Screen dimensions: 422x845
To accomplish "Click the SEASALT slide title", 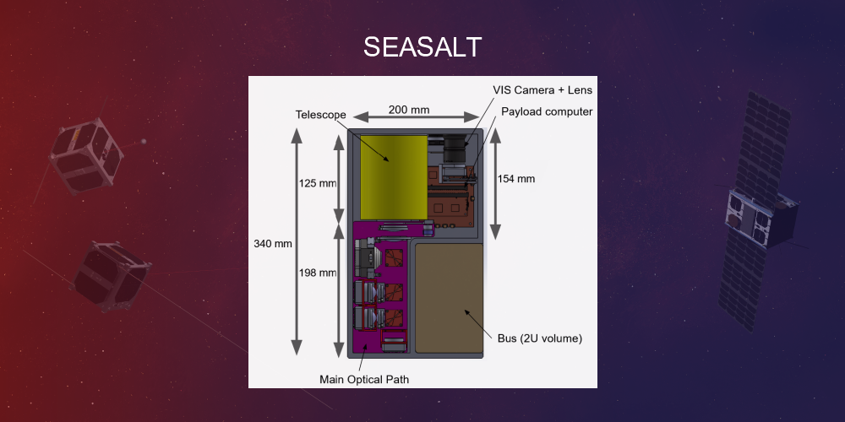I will click(422, 47).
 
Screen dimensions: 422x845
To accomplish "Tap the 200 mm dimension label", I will click(409, 110).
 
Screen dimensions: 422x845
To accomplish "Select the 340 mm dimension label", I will click(272, 244).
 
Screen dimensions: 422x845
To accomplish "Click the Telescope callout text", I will click(319, 114).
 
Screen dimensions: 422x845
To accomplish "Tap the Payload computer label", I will click(547, 111).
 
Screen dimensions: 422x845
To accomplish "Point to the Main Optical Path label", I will click(364, 379).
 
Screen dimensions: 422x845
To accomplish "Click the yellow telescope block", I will click(393, 176).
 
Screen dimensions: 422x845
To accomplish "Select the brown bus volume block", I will click(449, 298).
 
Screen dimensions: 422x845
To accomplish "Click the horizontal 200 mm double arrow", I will click(409, 120).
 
